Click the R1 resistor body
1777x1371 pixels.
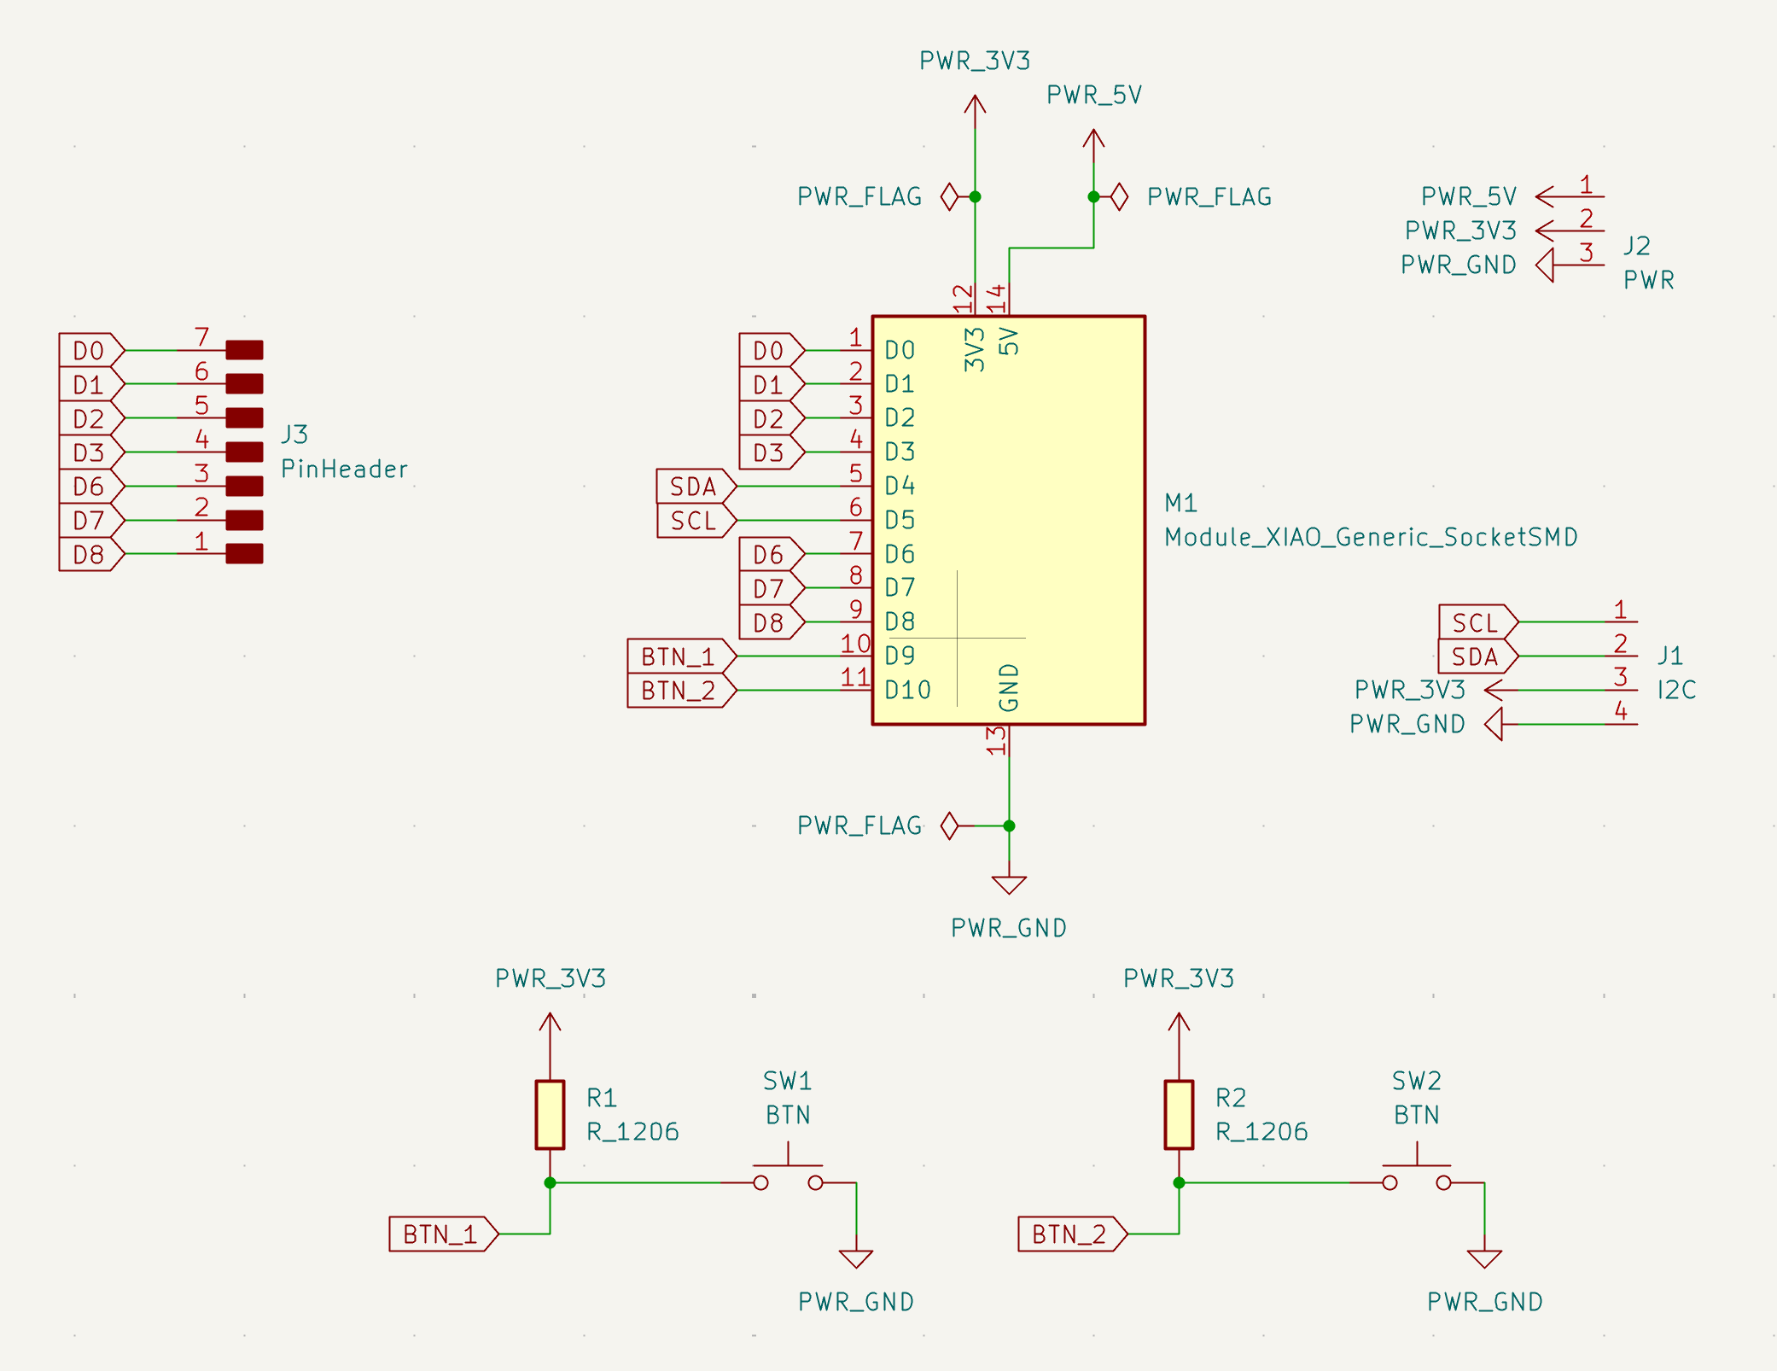point(550,1114)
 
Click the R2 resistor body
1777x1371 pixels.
point(1179,1114)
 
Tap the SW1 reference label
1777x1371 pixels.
point(787,1081)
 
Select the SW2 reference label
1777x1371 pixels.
point(1416,1081)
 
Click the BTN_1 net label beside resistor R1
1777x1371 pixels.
point(443,1234)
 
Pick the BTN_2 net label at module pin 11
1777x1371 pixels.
point(681,690)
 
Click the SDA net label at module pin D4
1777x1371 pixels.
point(696,486)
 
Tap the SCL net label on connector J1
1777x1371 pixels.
point(1478,622)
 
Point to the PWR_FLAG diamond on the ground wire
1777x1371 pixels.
point(949,826)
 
